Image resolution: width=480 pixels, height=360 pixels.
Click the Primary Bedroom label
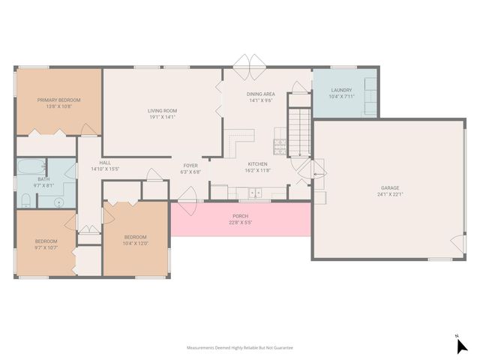pos(59,100)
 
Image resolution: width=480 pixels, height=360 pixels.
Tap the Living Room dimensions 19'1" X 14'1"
pos(161,117)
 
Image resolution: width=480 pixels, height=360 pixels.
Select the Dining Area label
pos(260,94)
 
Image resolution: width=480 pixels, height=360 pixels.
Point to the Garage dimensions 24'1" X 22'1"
pos(390,194)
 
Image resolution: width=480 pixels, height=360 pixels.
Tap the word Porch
pos(239,216)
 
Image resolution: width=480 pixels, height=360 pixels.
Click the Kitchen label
pos(257,163)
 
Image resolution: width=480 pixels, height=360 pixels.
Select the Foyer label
pos(190,165)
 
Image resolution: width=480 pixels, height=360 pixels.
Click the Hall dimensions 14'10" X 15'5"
pos(105,169)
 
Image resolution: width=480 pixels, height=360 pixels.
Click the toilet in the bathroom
pos(25,199)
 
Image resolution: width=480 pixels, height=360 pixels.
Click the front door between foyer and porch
pos(187,196)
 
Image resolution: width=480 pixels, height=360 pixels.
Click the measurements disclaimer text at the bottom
pos(239,348)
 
